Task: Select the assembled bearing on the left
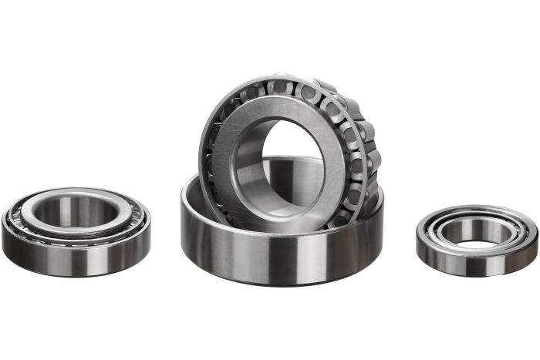pyautogui.click(x=76, y=231)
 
